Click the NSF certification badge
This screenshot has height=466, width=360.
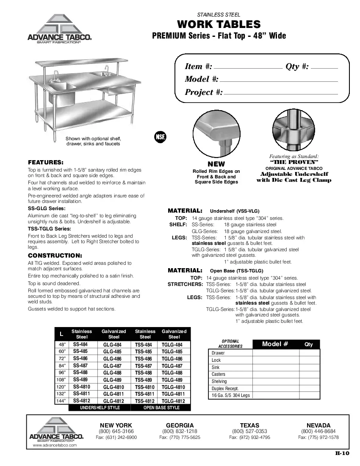tap(160, 137)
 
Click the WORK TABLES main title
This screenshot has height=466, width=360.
tap(219, 24)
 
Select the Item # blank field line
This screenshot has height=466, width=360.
tap(248, 68)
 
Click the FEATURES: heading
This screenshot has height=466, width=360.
tap(46, 162)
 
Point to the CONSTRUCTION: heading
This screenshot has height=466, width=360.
tap(55, 255)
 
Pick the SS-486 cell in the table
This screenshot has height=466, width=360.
tap(80, 358)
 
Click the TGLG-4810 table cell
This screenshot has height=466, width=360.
tap(174, 387)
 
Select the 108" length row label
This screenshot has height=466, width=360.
tap(61, 380)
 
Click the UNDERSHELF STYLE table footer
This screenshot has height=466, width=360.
tap(100, 408)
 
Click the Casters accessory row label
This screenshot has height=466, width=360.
tap(219, 374)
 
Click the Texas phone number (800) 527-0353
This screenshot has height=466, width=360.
tap(249, 431)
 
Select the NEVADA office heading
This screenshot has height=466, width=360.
tap(318, 425)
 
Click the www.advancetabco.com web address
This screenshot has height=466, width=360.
tap(55, 445)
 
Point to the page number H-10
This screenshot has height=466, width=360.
tap(342, 453)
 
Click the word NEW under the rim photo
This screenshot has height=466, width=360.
tap(216, 164)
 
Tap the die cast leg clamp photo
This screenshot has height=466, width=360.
tap(294, 130)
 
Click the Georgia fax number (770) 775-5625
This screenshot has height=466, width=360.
tap(180, 437)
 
